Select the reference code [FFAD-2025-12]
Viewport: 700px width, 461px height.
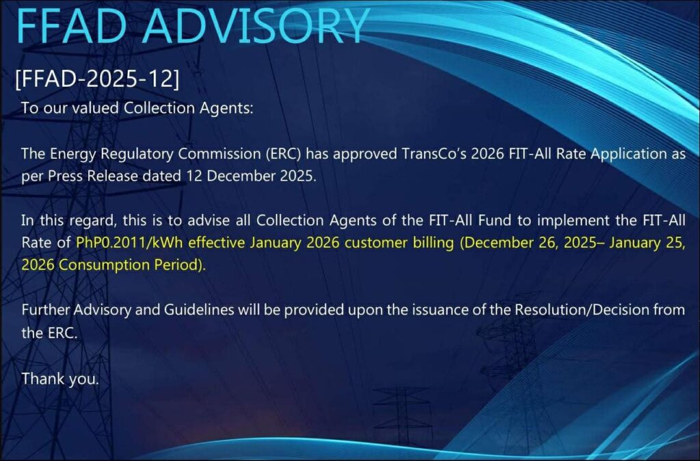pyautogui.click(x=97, y=79)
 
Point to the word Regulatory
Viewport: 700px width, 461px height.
pyautogui.click(x=137, y=154)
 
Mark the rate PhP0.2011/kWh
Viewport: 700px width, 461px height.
pyautogui.click(x=129, y=243)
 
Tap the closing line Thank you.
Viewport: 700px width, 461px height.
pyautogui.click(x=60, y=379)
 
